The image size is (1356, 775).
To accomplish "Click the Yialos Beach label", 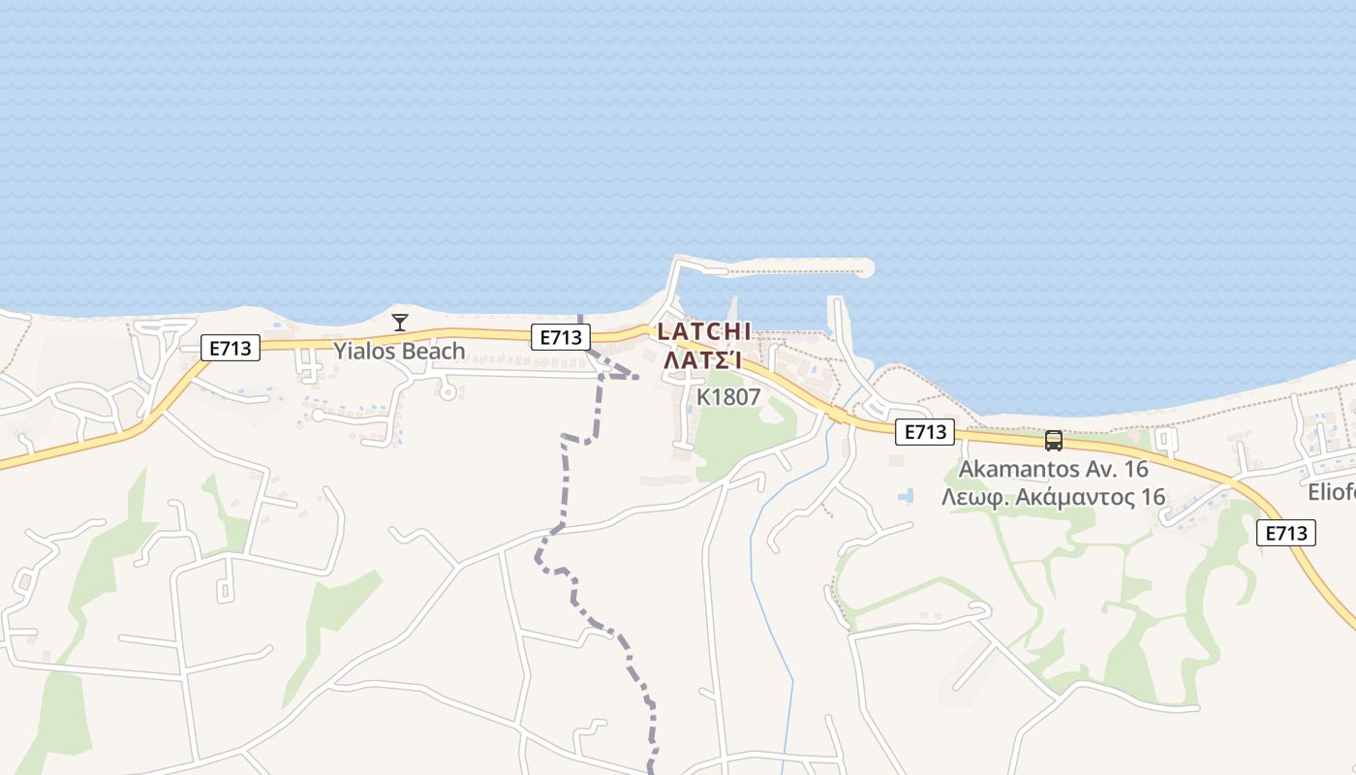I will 399,351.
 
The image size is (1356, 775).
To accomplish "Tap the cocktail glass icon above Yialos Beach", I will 399,322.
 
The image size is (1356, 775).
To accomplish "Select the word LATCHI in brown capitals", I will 704,331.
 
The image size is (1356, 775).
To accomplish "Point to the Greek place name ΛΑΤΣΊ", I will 703,360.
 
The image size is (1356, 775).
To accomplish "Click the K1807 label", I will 728,397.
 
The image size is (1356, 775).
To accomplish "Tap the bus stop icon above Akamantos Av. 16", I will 1054,441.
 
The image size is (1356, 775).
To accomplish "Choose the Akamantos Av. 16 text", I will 1053,470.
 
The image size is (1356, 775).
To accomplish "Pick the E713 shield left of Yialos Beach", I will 231,349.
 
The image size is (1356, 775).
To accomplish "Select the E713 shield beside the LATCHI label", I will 560,337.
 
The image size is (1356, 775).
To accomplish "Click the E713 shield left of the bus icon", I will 924,432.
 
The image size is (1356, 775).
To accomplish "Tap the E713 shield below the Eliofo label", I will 1286,532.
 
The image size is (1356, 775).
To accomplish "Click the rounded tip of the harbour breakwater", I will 865,267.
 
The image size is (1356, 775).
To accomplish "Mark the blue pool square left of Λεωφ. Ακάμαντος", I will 907,496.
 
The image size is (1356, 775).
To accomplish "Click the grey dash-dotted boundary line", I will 565,484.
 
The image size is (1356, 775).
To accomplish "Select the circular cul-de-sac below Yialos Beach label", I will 447,391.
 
